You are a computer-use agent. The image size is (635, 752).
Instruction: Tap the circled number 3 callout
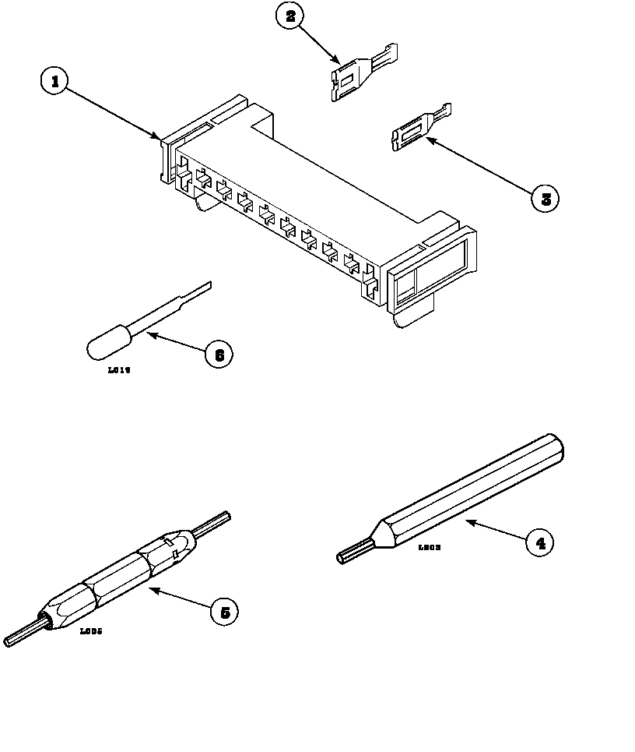[x=545, y=198]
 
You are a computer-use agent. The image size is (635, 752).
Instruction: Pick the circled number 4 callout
[x=540, y=542]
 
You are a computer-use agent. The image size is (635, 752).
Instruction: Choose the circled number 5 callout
[x=224, y=612]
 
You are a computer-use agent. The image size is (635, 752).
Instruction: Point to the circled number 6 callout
[x=219, y=355]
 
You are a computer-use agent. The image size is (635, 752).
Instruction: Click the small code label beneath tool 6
[x=118, y=371]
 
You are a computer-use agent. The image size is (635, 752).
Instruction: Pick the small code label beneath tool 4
[x=430, y=548]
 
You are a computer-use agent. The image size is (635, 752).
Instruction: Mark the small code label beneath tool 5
[x=91, y=631]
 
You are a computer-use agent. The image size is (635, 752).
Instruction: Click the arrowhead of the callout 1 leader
[x=158, y=138]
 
